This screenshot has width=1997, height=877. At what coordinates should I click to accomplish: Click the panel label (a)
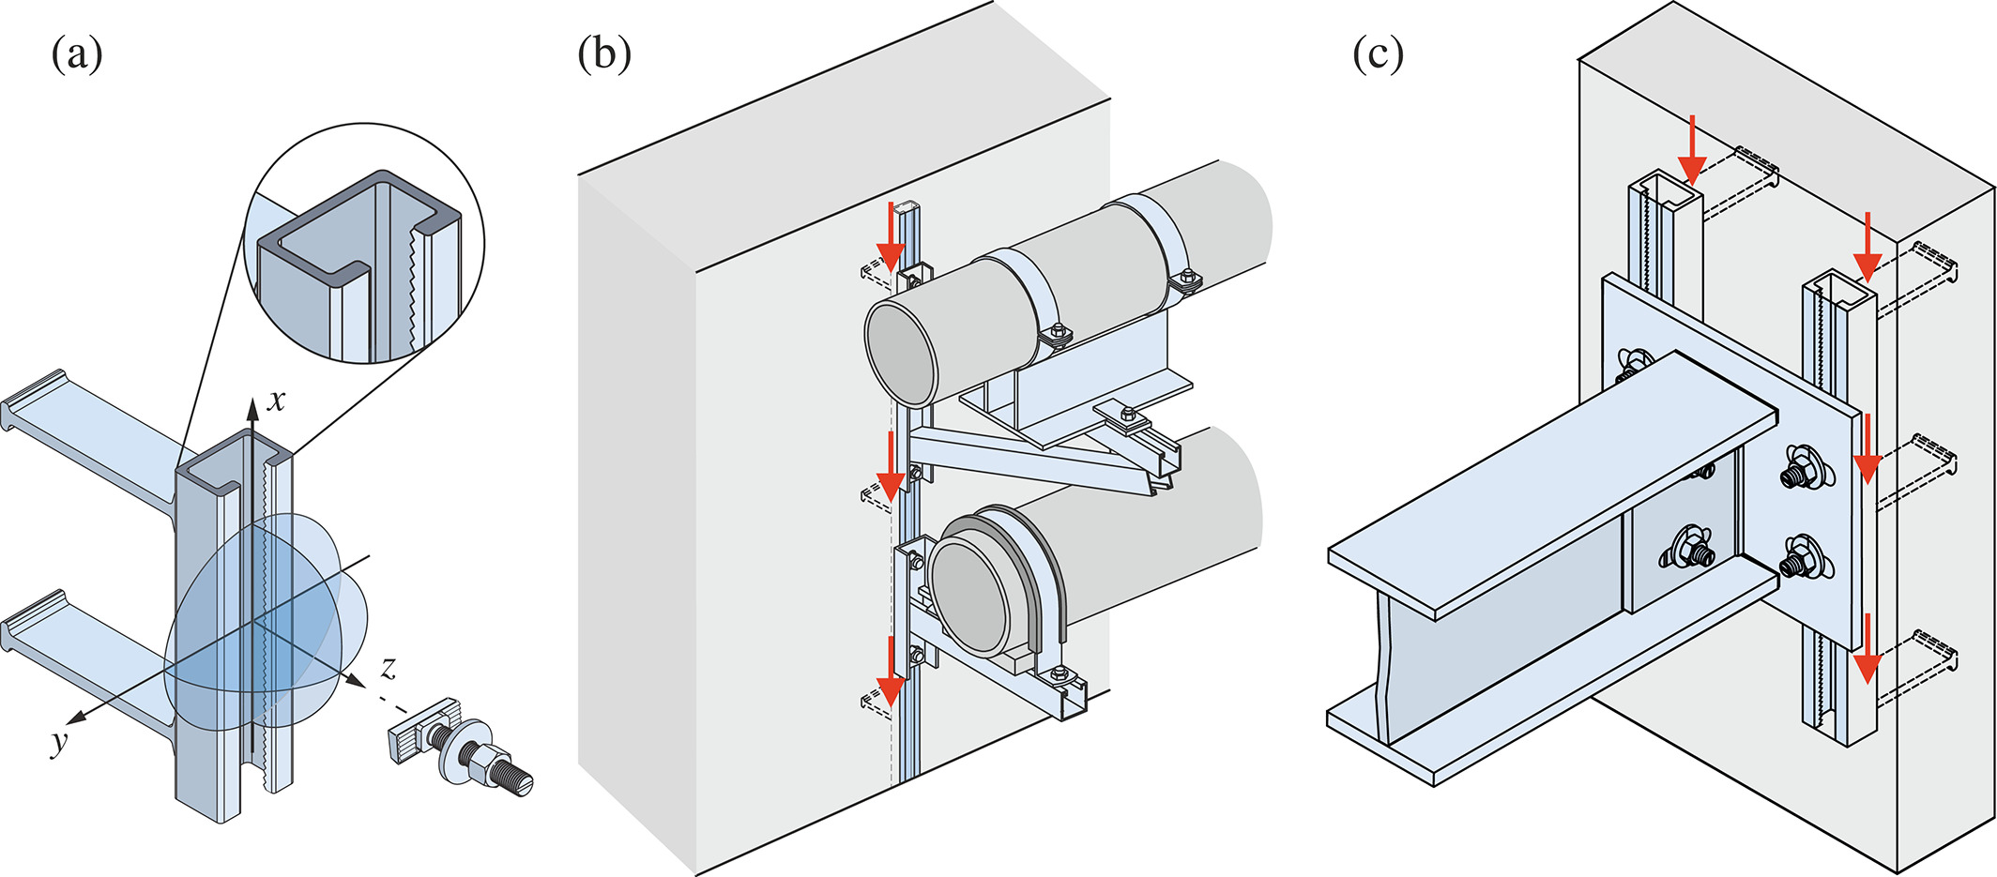[77, 55]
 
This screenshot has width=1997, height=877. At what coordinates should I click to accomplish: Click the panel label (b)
[604, 55]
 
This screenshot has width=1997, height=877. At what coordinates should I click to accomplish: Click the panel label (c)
[1378, 55]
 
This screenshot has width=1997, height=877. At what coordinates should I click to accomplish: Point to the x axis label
[276, 401]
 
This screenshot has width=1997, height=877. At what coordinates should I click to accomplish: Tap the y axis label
[60, 743]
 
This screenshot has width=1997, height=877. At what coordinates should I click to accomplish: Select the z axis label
[388, 668]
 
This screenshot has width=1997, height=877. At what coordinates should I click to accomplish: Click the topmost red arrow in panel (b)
[891, 235]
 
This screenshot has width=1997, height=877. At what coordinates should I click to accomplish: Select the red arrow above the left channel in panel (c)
[1692, 150]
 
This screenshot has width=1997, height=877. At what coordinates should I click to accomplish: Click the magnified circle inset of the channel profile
[364, 243]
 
